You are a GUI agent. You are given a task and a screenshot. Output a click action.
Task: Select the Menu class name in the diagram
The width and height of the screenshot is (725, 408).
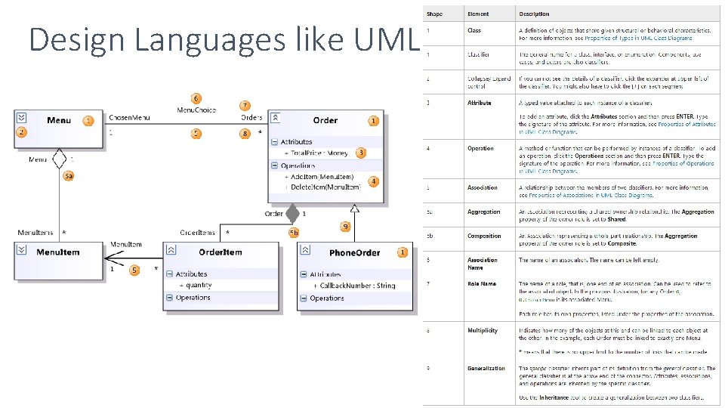point(59,120)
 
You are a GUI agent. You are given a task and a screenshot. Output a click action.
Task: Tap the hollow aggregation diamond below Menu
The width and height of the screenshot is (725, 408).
point(60,159)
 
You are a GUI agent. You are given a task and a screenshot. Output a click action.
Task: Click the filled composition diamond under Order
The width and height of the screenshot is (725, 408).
point(292,214)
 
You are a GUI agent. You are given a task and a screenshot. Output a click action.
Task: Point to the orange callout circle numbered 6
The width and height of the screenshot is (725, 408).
point(196,98)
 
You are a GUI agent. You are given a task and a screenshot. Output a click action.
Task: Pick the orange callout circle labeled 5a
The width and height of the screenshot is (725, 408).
point(68,176)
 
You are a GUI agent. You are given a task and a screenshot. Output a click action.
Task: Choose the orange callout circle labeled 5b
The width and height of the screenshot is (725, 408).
point(294,232)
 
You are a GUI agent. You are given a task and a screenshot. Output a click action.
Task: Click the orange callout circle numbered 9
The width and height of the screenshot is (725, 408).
point(345,226)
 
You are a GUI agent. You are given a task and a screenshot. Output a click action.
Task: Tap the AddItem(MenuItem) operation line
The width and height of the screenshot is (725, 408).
point(322,176)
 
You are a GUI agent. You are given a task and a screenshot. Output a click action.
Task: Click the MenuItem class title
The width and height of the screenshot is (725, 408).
point(57,252)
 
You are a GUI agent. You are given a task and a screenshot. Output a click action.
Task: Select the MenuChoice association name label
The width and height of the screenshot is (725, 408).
point(196,110)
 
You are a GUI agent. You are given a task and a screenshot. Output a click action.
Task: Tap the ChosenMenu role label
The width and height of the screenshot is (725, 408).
point(129,118)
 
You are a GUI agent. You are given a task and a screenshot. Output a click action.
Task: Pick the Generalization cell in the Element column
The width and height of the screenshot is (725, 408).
point(486,368)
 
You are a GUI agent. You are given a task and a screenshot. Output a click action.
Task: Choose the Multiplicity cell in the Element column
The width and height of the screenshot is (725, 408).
point(483,330)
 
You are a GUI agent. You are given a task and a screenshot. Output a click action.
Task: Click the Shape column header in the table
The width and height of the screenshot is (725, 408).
point(434,14)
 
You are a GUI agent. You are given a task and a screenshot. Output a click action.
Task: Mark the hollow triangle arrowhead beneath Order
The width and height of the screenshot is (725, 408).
point(354,209)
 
